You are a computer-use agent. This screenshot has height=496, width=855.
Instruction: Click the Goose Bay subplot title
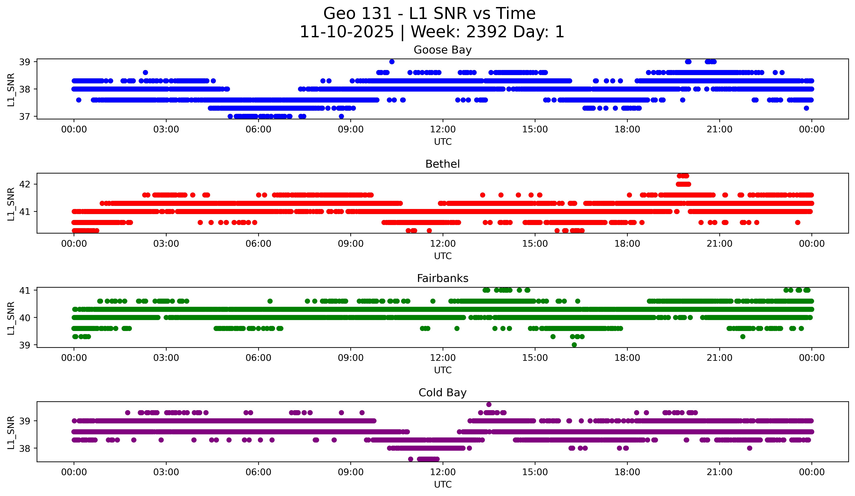tap(442, 50)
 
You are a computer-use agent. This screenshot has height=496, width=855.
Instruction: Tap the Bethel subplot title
tap(442, 164)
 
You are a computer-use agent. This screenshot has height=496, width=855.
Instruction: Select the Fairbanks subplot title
tap(442, 278)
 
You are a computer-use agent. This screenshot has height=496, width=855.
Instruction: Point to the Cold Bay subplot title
tap(442, 393)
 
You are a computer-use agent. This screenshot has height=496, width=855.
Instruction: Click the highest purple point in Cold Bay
tap(489, 404)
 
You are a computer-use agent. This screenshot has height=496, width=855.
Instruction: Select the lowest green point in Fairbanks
tap(574, 345)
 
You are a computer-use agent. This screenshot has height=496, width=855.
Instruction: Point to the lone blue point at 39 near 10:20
tap(392, 62)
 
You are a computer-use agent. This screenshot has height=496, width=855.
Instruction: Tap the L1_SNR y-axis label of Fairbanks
tap(11, 318)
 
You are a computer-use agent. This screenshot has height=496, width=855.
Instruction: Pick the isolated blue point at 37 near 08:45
tap(341, 116)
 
